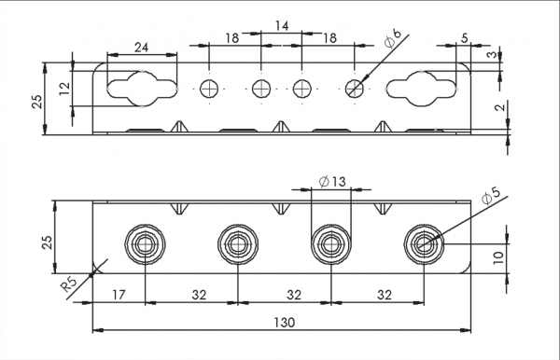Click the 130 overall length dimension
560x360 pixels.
coord(285,323)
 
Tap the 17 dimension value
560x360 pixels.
coord(119,295)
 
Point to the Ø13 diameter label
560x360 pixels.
coord(332,182)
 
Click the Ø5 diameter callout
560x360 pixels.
coord(491,196)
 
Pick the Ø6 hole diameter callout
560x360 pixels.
coord(393,38)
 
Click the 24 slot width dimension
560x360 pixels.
coord(142,47)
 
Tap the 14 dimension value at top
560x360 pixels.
coord(282,26)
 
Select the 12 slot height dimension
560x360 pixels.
coord(65,89)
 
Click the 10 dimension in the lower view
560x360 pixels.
coord(498,257)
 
